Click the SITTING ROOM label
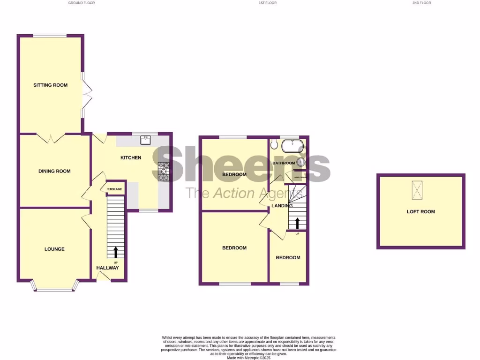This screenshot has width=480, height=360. pos(50,85)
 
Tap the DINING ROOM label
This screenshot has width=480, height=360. pos(54,171)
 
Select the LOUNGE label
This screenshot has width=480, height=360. pos(54,249)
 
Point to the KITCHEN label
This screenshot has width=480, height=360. pos(131,157)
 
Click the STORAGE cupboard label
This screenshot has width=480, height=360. pos(114,189)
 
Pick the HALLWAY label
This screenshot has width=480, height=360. pos(107,268)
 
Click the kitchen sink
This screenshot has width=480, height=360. pos(146,139)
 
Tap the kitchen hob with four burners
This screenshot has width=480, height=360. pos(164,171)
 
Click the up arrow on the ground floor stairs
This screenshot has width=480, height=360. pos(116,252)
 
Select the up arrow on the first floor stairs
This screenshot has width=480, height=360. pos(297,222)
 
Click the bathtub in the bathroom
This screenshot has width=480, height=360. pos(293,147)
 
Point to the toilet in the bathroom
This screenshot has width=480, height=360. pos(274,145)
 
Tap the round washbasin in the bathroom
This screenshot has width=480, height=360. pos(300,162)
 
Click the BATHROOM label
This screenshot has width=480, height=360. pos(284,163)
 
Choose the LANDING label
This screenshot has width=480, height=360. pos(282,205)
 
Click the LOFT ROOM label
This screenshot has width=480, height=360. pos(420,211)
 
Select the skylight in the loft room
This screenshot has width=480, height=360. pos(416,190)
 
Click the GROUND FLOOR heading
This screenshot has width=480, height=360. pos(81,3)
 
